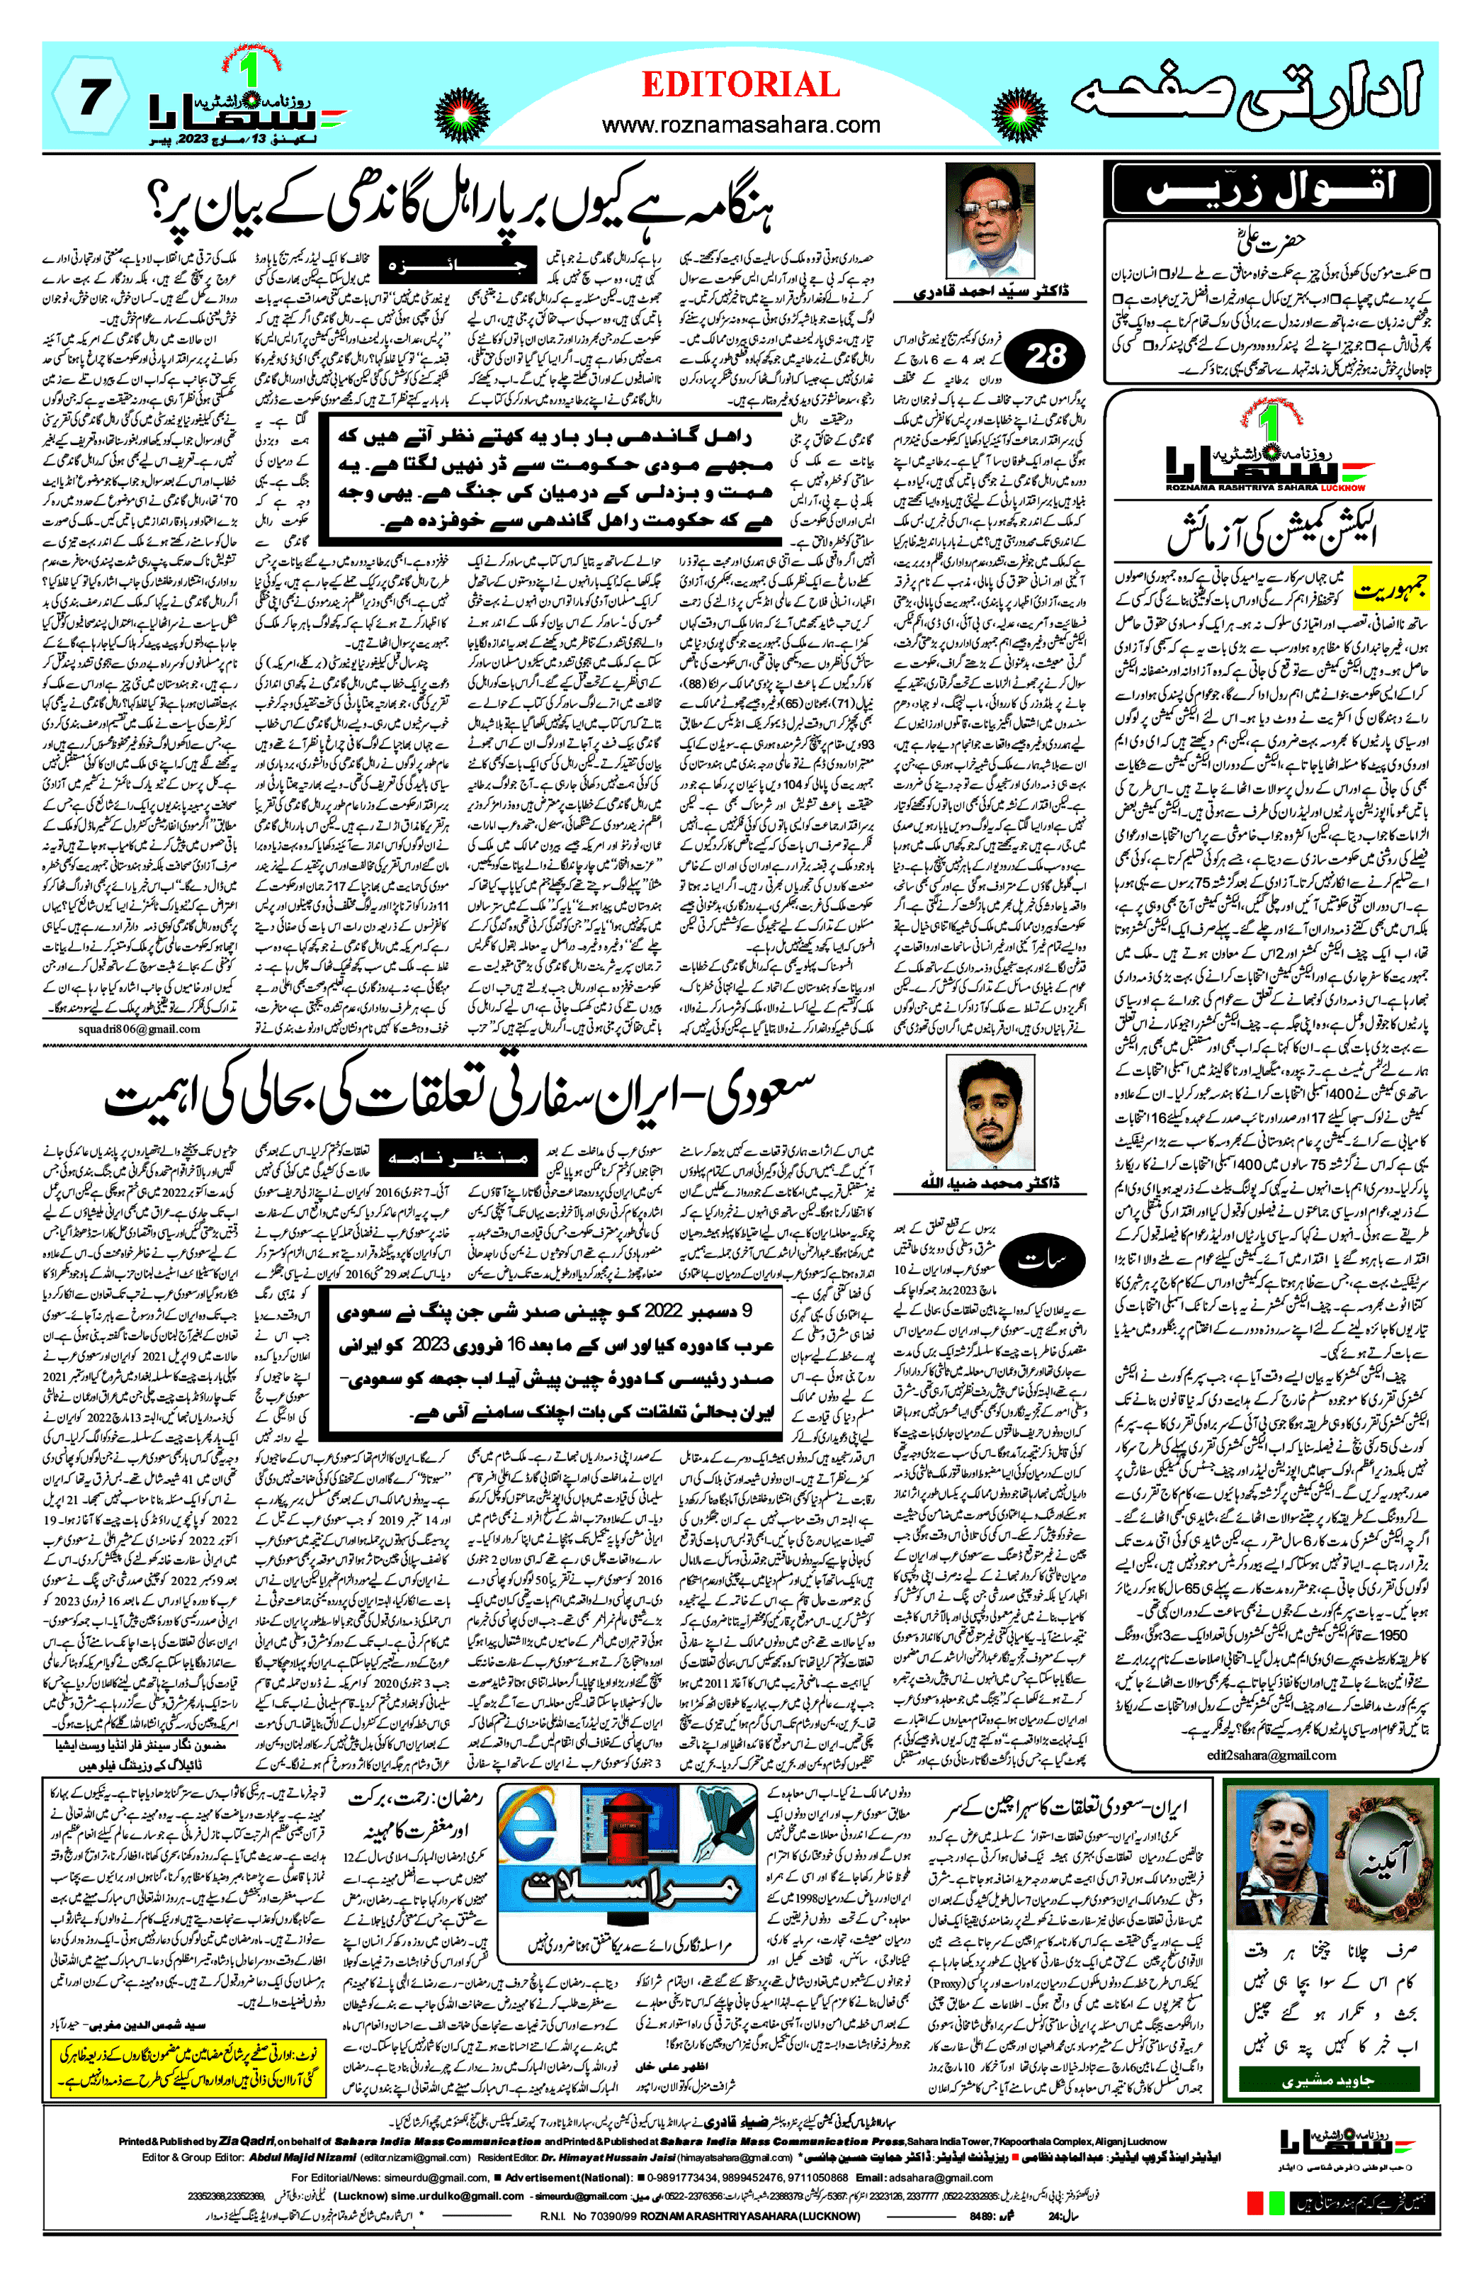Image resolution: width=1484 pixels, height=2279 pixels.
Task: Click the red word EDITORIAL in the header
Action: [740, 85]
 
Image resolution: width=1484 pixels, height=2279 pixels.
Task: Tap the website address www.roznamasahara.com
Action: [740, 125]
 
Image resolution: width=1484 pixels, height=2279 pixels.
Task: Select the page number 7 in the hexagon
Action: [90, 96]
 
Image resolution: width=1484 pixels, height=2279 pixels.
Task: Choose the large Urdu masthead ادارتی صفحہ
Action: [1245, 96]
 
